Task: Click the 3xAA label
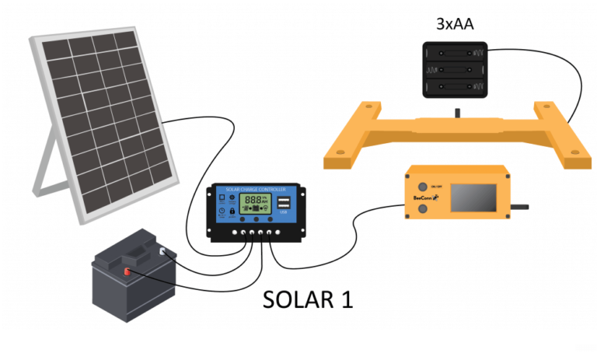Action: [456, 25]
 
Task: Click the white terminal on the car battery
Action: [163, 251]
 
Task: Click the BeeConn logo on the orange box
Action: [419, 204]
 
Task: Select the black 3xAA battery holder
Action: [457, 70]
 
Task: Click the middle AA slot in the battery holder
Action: [457, 71]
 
